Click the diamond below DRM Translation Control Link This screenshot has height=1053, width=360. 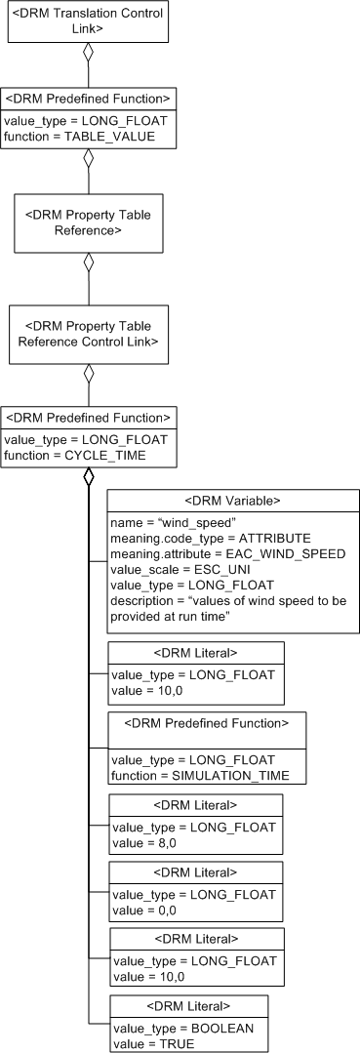click(89, 54)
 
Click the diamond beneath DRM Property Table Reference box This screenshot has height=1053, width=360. click(89, 262)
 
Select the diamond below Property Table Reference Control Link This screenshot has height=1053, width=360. click(89, 371)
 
